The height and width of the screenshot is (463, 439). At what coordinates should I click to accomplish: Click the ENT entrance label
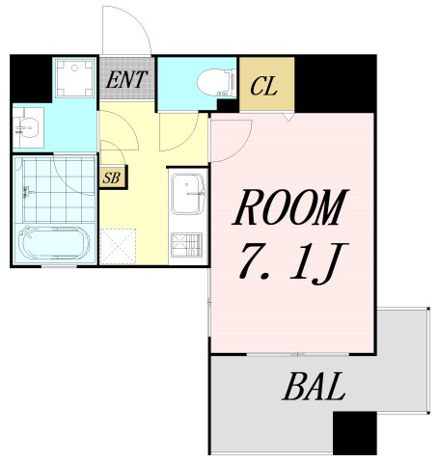tap(126, 80)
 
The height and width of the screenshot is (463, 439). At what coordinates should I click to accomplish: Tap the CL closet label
tap(264, 86)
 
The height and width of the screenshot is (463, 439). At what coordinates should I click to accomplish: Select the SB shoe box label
tap(112, 177)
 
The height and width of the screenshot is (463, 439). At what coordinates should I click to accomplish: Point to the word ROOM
tap(290, 207)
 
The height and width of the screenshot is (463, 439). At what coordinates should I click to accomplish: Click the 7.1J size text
tap(293, 264)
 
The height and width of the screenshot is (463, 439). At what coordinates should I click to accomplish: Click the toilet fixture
tap(216, 83)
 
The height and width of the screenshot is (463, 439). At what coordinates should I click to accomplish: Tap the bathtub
tap(54, 242)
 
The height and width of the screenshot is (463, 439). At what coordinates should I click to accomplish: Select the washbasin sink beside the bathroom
tap(28, 127)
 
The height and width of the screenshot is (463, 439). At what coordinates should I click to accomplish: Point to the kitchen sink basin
tap(188, 194)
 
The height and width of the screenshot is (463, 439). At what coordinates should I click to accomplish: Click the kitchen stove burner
tap(186, 245)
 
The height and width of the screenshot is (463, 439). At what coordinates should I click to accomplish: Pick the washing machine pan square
tap(75, 77)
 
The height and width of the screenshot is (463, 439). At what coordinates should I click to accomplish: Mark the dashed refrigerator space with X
tap(118, 246)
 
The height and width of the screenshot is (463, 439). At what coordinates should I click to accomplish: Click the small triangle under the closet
tap(288, 117)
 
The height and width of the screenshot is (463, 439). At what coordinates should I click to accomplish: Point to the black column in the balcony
tap(355, 433)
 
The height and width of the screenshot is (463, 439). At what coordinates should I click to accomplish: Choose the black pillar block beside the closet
tap(336, 84)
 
